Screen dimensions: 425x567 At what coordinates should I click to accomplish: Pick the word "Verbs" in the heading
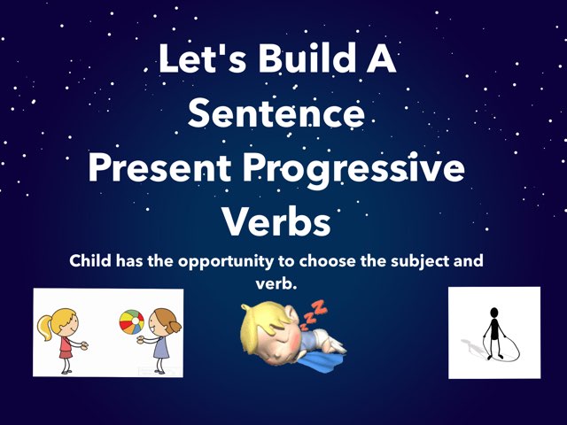(276, 221)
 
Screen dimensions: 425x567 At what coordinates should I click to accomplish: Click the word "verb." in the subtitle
(276, 284)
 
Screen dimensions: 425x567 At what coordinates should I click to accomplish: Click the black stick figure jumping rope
(493, 333)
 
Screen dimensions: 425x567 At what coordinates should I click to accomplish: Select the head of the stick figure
(494, 312)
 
